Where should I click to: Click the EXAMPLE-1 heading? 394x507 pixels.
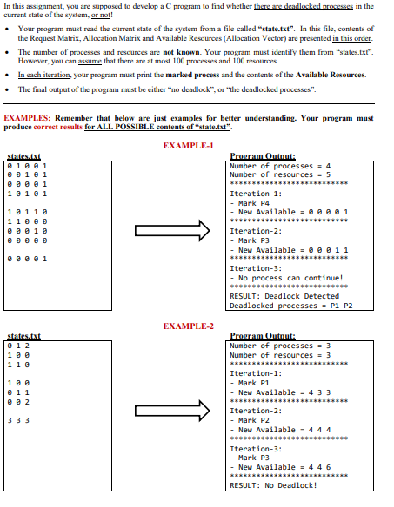point(188,143)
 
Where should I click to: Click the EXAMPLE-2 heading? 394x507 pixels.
point(188,326)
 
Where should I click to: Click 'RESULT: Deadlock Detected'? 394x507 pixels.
point(284,296)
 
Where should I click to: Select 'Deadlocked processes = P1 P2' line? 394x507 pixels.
point(292,306)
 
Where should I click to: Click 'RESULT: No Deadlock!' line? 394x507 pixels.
point(273,485)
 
